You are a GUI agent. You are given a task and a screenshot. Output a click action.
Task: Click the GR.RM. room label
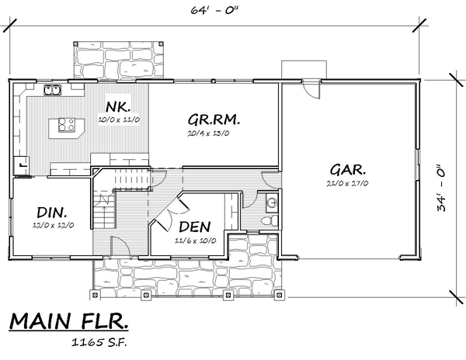pos(214,120)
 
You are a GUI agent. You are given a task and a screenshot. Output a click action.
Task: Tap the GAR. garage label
pos(348,170)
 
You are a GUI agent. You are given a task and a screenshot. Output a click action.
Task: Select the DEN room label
pos(195,227)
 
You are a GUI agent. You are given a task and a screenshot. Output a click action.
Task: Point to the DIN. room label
pos(52,213)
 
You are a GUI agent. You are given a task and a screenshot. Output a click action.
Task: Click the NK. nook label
pos(118,106)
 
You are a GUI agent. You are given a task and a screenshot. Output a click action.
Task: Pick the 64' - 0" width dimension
pos(214,10)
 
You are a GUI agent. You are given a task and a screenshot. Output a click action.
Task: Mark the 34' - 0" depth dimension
pos(442,188)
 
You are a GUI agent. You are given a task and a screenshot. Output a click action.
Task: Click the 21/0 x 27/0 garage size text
pos(347,183)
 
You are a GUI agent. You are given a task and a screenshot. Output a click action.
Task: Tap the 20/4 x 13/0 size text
pos(208,133)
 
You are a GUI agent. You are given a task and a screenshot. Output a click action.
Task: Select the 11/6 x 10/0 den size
pos(195,241)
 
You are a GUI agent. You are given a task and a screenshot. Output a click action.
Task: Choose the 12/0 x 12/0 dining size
pos(53,225)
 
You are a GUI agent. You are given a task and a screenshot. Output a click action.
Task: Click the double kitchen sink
pos(52,90)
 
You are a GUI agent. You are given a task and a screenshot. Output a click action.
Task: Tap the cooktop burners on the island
pos(66,125)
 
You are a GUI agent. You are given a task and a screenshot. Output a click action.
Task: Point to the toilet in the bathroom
pos(270,221)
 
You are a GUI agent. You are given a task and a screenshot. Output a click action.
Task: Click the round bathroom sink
pos(272,202)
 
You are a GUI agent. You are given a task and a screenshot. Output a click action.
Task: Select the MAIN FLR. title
pos(68,321)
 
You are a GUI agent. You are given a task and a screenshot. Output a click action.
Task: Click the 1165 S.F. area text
pos(99,342)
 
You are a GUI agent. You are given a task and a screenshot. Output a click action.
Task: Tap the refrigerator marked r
pos(22,165)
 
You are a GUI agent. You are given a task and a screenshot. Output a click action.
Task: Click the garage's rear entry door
pos(311,88)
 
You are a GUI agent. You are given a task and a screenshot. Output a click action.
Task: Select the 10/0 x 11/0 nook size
pos(119,120)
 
